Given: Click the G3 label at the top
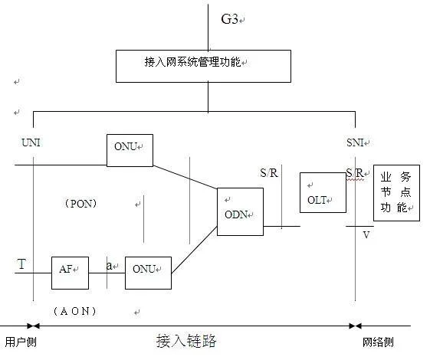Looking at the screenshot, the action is pyautogui.click(x=229, y=19).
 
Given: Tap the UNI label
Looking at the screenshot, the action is pyautogui.click(x=31, y=142).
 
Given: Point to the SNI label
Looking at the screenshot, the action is pyautogui.click(x=355, y=142).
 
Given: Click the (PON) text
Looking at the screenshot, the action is pyautogui.click(x=80, y=204).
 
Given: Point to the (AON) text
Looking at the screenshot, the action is pyautogui.click(x=74, y=311).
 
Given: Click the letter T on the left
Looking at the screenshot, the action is pyautogui.click(x=21, y=264).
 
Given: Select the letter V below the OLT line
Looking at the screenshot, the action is pyautogui.click(x=366, y=235).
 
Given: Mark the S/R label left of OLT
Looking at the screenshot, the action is pyautogui.click(x=269, y=173).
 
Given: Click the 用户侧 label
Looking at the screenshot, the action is pyautogui.click(x=21, y=342).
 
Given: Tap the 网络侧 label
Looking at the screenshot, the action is pyautogui.click(x=378, y=342).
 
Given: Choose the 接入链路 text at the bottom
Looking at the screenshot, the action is pyautogui.click(x=186, y=341).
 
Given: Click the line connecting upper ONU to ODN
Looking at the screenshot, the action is pyautogui.click(x=185, y=177).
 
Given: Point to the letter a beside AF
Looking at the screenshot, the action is pyautogui.click(x=109, y=266).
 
